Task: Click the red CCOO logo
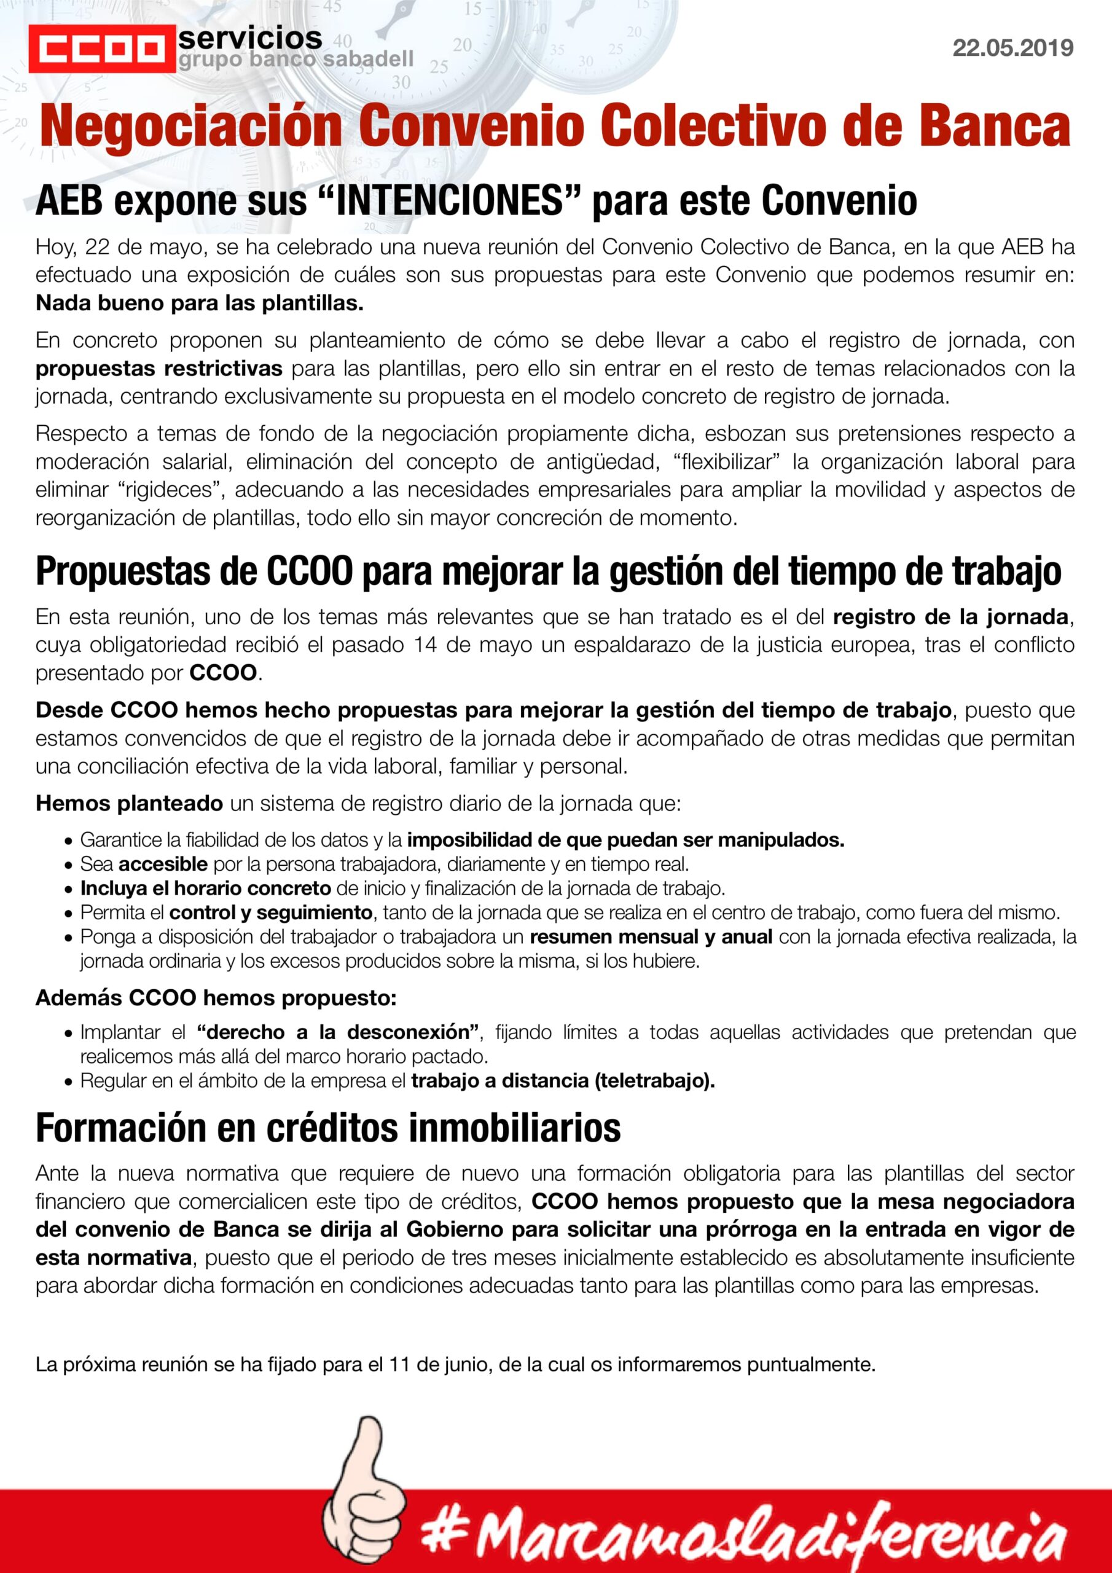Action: pos(101,49)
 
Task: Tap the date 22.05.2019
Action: pos(1012,48)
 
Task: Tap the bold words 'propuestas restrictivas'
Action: pos(159,369)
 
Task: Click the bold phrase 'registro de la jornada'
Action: pos(950,616)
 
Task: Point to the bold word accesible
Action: pos(162,863)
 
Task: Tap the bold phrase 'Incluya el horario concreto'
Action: pos(206,888)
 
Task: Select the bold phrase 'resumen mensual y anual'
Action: pos(651,936)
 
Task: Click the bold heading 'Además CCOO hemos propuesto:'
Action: pos(216,997)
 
